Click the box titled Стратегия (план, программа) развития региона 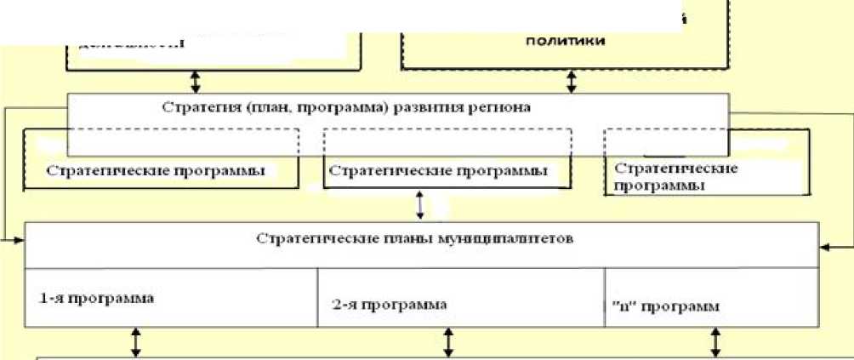coord(397,108)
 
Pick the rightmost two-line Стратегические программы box coord(674,174)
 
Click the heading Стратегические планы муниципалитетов coord(415,236)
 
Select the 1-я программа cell coord(170,299)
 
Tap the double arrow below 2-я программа coord(448,342)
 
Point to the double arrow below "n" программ coord(715,342)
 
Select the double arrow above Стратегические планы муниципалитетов coord(419,204)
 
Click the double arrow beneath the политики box coord(572,81)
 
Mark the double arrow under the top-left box coord(196,80)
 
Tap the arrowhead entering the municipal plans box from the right coord(825,247)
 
